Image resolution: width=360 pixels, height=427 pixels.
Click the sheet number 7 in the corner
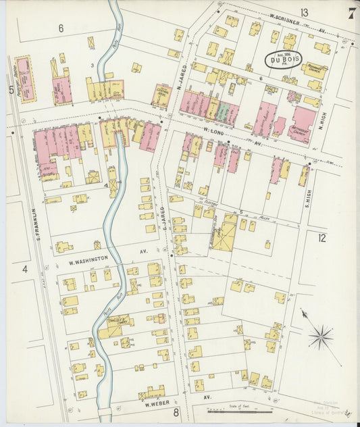click(351, 13)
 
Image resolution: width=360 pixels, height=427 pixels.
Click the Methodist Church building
click(302, 126)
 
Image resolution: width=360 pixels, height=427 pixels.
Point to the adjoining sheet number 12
click(322, 237)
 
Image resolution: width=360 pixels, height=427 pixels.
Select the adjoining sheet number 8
click(175, 411)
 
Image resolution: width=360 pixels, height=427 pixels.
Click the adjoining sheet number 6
click(60, 28)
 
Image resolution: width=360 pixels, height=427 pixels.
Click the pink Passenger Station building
click(25, 79)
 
